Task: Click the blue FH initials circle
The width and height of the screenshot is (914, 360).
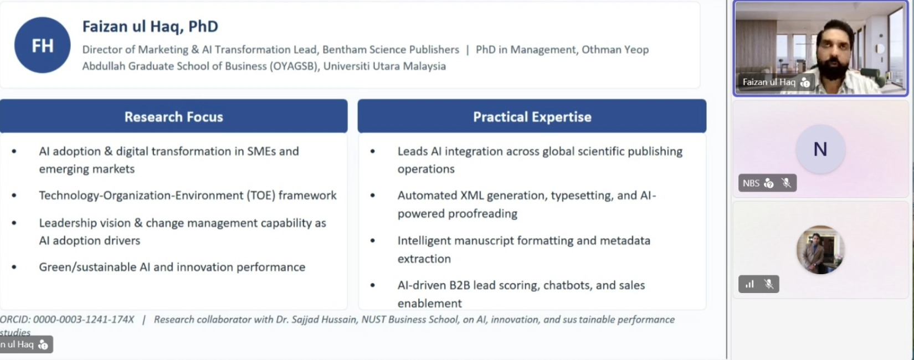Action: click(x=43, y=45)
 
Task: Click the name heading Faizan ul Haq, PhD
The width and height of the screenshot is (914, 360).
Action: click(x=150, y=27)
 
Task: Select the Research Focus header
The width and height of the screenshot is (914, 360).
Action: click(x=174, y=116)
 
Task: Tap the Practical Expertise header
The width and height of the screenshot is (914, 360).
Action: click(x=532, y=116)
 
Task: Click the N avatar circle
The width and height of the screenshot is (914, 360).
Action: click(x=820, y=150)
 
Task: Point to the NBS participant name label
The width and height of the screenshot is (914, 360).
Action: click(x=751, y=183)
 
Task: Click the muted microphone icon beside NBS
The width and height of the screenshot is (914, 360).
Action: click(x=786, y=183)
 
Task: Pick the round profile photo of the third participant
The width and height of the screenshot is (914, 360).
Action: click(x=820, y=250)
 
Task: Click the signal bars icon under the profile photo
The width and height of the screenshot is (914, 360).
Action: click(x=749, y=284)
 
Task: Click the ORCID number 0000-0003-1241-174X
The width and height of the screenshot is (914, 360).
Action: click(x=84, y=320)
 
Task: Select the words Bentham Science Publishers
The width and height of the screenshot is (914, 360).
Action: click(x=391, y=49)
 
